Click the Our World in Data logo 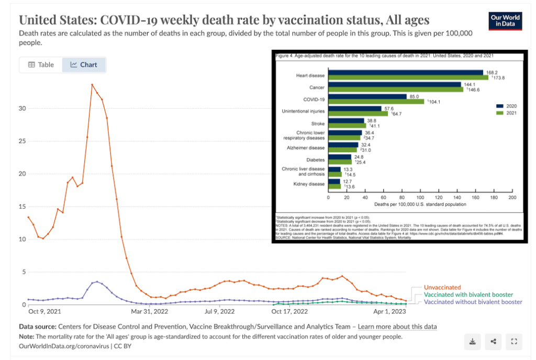(x=505, y=20)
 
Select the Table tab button (x=41, y=65)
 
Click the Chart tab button (x=84, y=65)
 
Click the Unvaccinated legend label (x=442, y=287)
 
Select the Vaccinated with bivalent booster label (x=468, y=295)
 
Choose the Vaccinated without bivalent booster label (x=473, y=302)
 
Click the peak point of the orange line (x=92, y=84)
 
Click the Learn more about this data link (x=397, y=327)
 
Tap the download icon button (x=473, y=342)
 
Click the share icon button (x=493, y=342)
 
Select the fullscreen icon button (x=513, y=342)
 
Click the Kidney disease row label (x=310, y=184)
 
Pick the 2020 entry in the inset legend (x=505, y=105)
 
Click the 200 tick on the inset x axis (x=512, y=197)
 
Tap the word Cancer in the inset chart (x=317, y=87)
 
